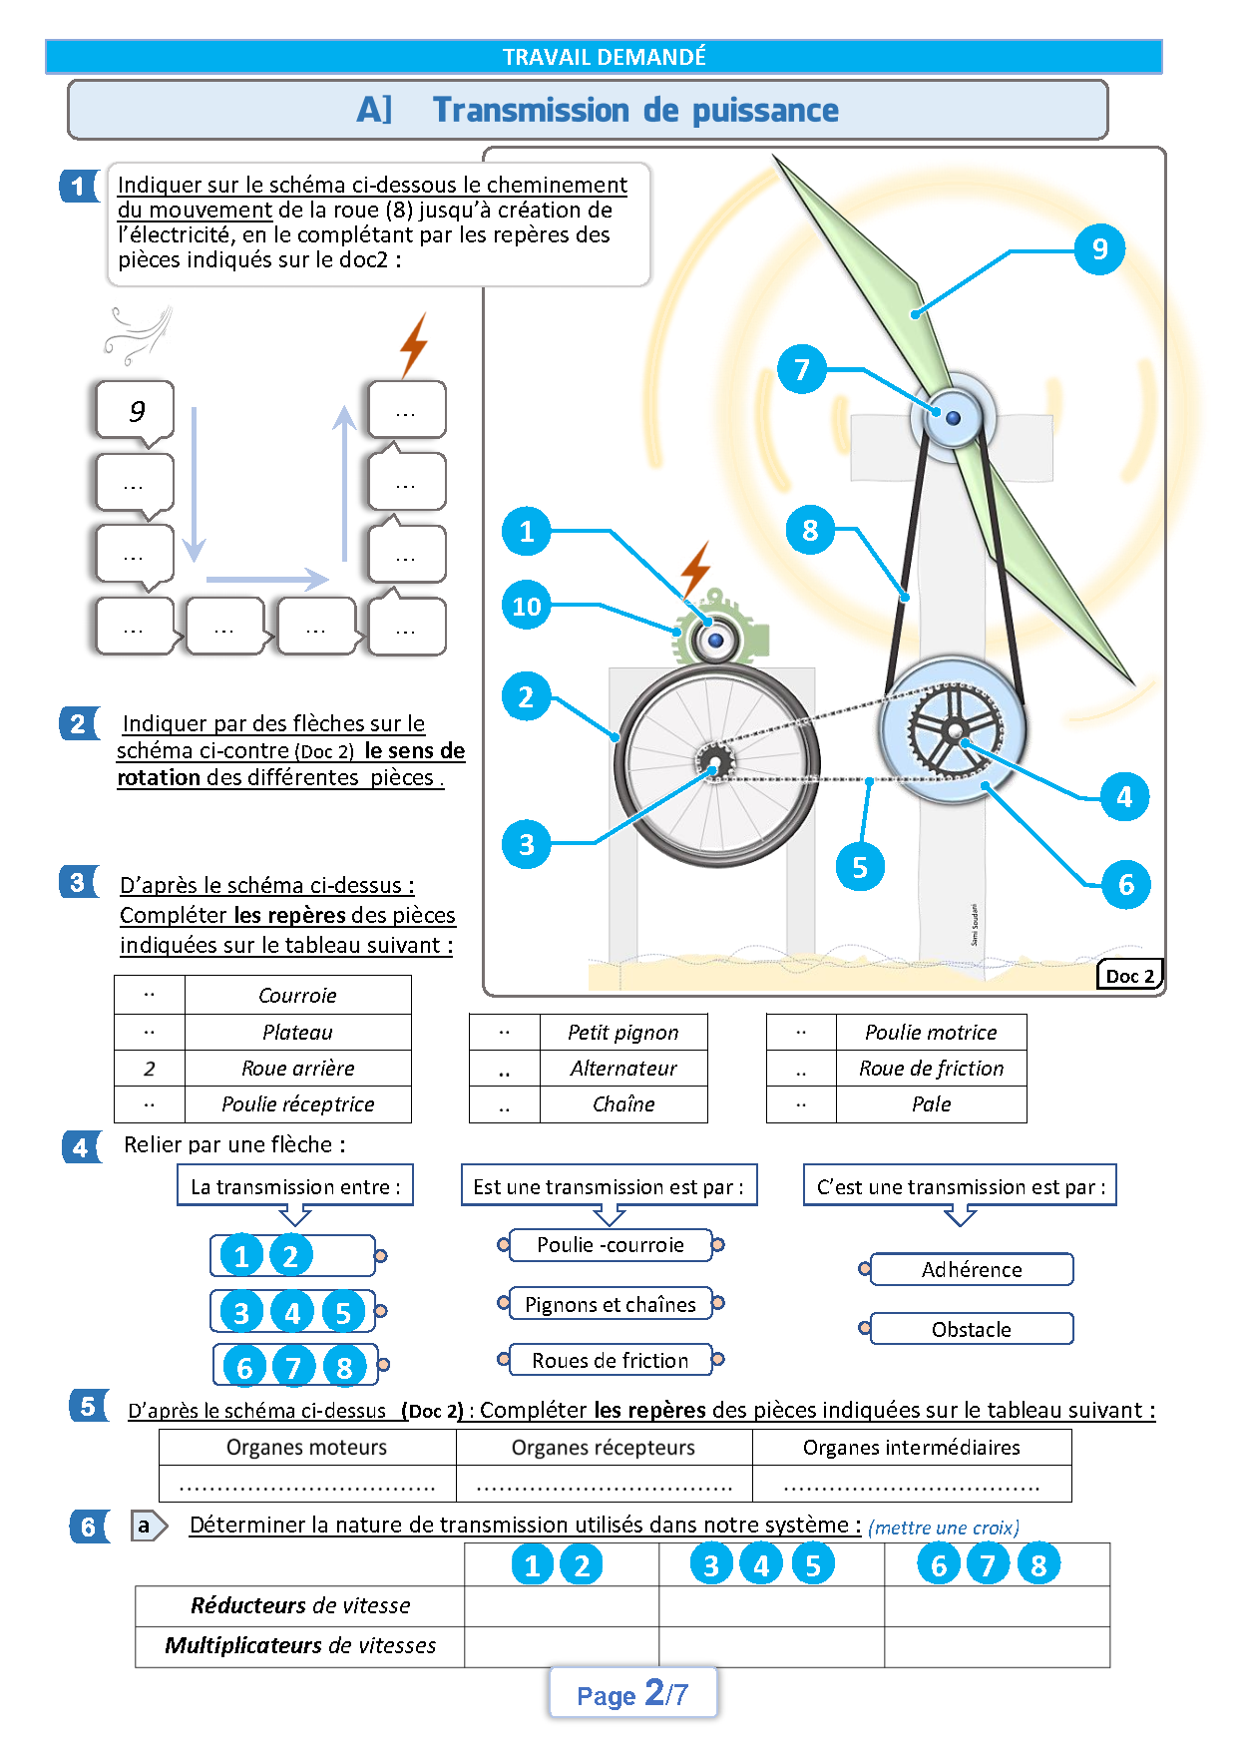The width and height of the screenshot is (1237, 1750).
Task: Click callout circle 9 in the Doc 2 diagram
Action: point(1099,248)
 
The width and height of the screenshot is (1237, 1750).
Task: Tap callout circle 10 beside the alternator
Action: point(527,605)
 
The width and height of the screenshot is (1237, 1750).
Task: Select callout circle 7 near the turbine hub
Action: point(802,369)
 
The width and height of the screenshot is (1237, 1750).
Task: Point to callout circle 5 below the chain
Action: point(860,867)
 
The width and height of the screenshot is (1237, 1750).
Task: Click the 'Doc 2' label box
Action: point(1129,976)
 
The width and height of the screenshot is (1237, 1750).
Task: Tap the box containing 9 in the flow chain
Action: point(136,410)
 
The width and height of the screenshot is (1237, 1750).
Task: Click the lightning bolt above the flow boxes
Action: point(413,344)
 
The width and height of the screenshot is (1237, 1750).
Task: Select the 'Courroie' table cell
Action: point(297,995)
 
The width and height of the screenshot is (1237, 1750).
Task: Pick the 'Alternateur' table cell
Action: point(623,1069)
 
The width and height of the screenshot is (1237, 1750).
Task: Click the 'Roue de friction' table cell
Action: point(931,1069)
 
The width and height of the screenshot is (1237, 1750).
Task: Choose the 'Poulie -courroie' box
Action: point(611,1245)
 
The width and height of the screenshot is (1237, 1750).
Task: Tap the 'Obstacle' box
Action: point(972,1329)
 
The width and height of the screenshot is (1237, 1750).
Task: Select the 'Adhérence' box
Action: point(972,1269)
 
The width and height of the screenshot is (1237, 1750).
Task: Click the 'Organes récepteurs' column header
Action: point(604,1447)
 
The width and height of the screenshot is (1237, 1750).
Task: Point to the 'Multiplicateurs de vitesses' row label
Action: point(300,1645)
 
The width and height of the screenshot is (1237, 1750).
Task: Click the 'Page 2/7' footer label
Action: point(632,1693)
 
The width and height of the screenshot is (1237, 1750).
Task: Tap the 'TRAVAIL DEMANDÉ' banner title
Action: point(604,57)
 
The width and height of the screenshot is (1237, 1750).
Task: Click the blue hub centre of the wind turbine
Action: point(953,418)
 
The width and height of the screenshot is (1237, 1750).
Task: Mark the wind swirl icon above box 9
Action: point(139,334)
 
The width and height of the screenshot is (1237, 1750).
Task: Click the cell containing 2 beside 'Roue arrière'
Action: point(150,1069)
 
